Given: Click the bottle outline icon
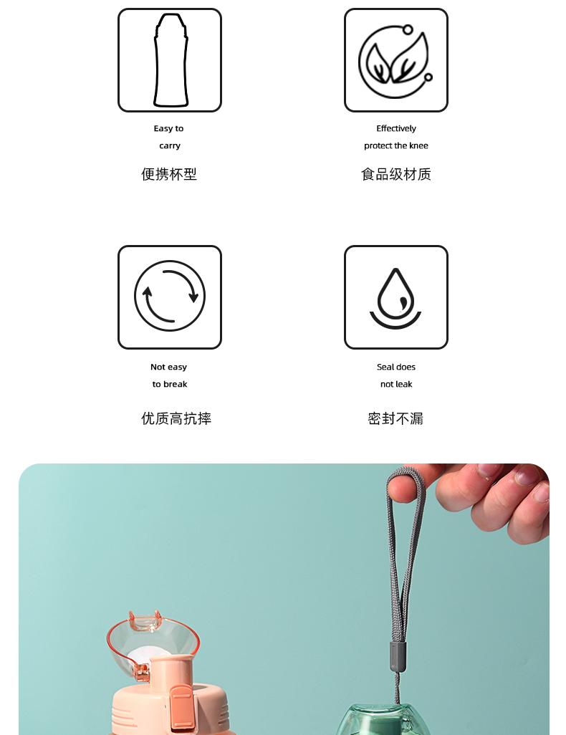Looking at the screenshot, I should click(x=170, y=61).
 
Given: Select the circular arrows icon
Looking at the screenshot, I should click(x=170, y=297).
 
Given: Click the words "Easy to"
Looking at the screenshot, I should click(x=168, y=129).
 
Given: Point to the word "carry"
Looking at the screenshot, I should click(x=170, y=146).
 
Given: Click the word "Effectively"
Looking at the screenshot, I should click(x=396, y=129).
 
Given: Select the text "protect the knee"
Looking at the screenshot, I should click(x=396, y=146).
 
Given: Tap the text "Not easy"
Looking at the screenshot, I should click(x=168, y=367).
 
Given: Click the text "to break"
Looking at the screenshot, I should click(x=170, y=385).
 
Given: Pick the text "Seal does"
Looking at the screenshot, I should click(x=396, y=367).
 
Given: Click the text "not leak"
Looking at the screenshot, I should click(x=396, y=385).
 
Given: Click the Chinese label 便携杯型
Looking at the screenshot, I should click(x=169, y=174).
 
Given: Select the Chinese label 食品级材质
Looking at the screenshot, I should click(x=396, y=174).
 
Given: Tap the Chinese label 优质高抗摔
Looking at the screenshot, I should click(x=176, y=419).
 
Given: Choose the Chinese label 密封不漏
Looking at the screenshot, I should click(x=395, y=419).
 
